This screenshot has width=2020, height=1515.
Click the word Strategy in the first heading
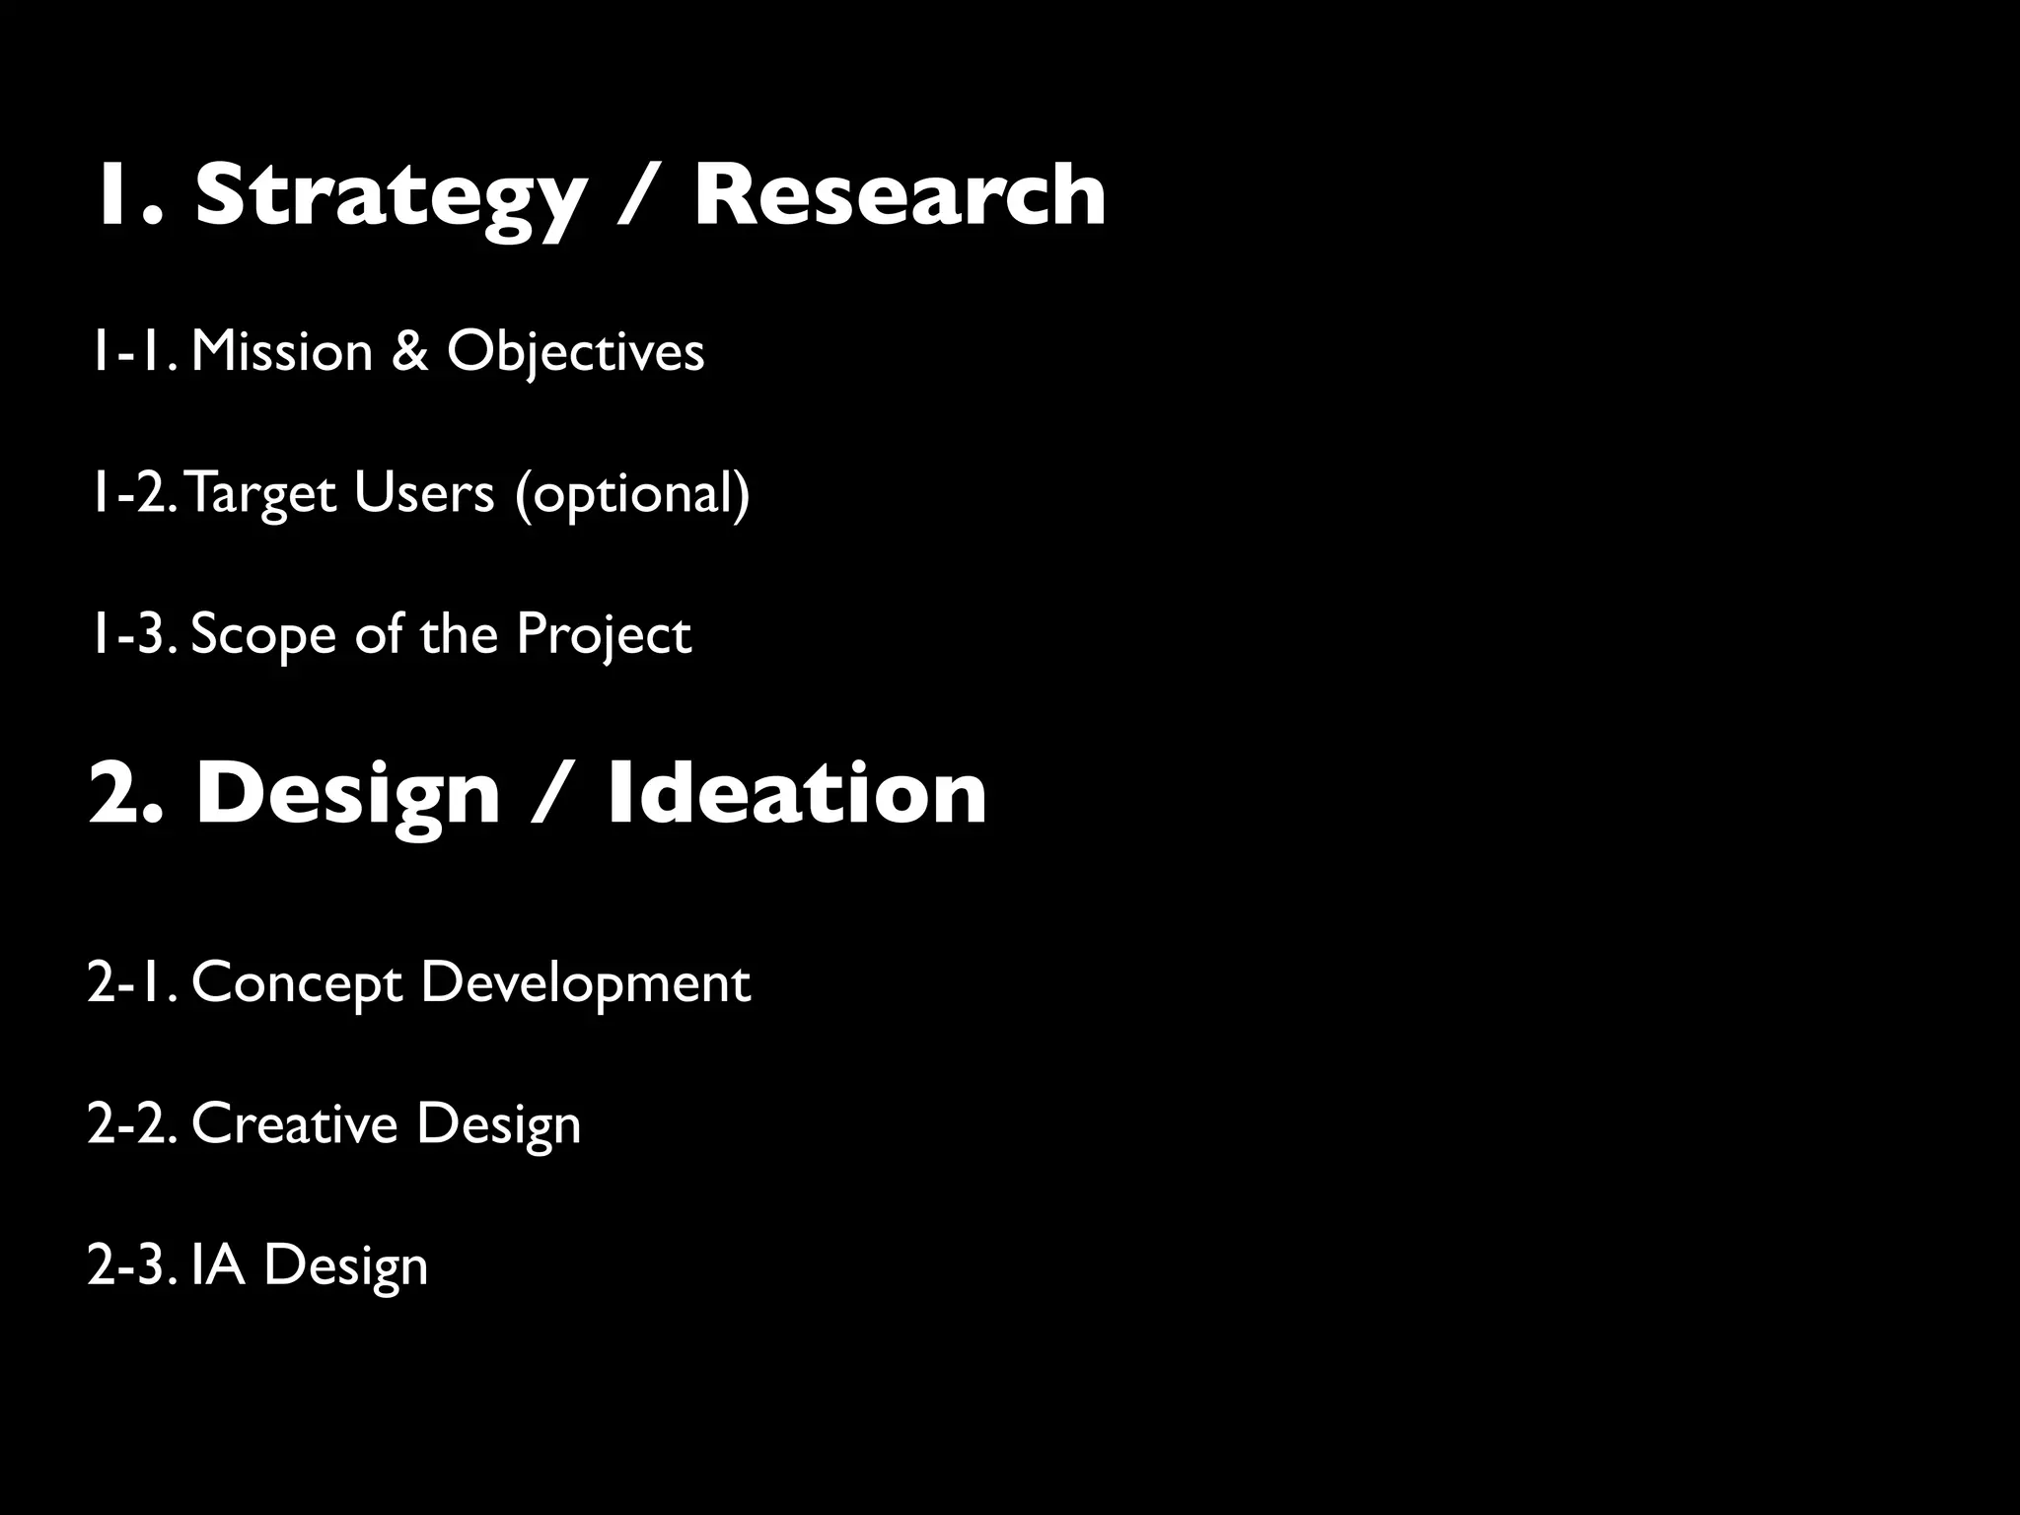pyautogui.click(x=391, y=197)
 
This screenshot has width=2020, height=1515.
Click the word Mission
pyautogui.click(x=282, y=351)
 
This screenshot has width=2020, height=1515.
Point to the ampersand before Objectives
pyautogui.click(x=410, y=351)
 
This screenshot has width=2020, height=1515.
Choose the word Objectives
pyautogui.click(x=575, y=353)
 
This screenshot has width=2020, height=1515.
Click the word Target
pyautogui.click(x=260, y=493)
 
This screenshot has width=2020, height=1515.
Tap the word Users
pyautogui.click(x=424, y=492)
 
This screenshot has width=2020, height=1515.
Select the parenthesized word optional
pyautogui.click(x=632, y=493)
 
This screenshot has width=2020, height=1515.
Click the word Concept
pyautogui.click(x=297, y=984)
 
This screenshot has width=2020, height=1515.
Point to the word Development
pyautogui.click(x=585, y=984)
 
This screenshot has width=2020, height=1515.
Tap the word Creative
pyautogui.click(x=294, y=1124)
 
